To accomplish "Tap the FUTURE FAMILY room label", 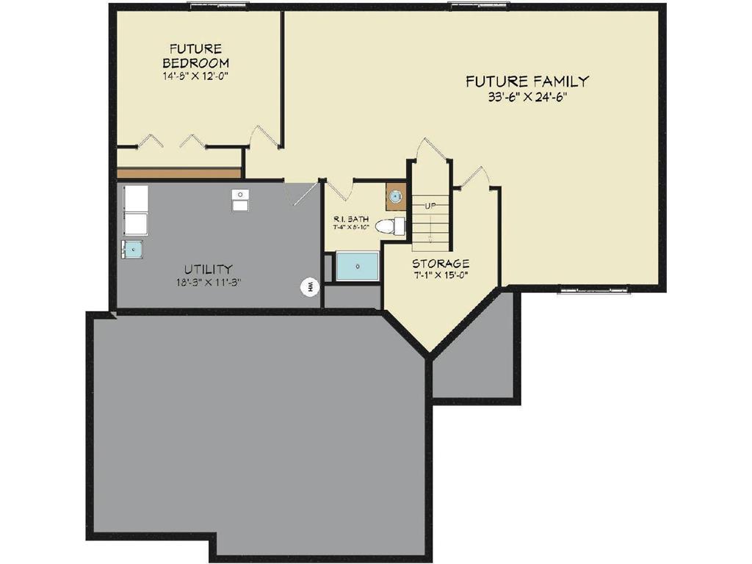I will point(527,82).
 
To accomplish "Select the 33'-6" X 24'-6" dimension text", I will point(527,97).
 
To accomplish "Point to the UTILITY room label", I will point(209,269).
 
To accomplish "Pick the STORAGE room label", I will point(441,264).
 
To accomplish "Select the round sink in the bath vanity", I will point(395,196).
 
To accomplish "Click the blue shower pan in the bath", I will point(358,266).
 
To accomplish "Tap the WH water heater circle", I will point(311,286).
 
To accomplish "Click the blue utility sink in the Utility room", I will point(132,250).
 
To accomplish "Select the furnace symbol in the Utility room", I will point(240,200).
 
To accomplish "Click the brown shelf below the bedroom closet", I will point(179,173).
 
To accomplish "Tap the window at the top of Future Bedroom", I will point(219,6).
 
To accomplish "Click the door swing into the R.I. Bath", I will point(338,189).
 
